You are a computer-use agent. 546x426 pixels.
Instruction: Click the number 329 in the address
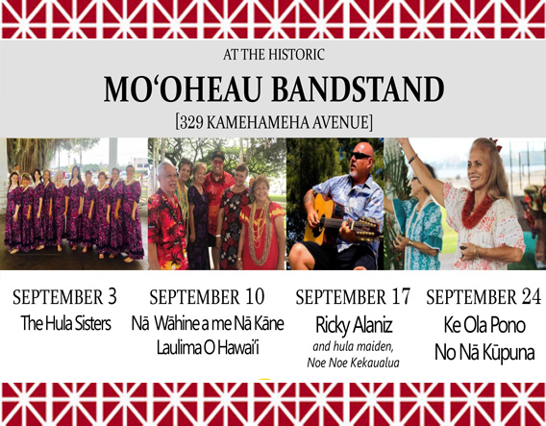click(x=191, y=122)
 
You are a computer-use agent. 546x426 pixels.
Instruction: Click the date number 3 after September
click(x=112, y=297)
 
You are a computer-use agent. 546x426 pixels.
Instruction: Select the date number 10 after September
click(x=255, y=297)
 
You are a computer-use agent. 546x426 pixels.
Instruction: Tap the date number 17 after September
click(x=401, y=297)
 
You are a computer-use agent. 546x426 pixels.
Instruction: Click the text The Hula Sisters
click(x=66, y=323)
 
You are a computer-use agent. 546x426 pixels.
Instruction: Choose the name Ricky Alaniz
click(x=354, y=325)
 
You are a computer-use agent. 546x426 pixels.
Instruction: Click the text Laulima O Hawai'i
click(x=208, y=347)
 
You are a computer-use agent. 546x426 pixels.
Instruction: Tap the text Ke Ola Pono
click(x=484, y=325)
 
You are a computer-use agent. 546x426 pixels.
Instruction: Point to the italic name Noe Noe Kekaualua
click(x=353, y=363)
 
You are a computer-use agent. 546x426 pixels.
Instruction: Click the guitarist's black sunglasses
click(x=360, y=156)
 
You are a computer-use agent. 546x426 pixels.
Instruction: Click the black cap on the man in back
click(x=218, y=154)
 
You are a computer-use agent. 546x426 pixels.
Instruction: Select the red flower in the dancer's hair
click(x=496, y=144)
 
